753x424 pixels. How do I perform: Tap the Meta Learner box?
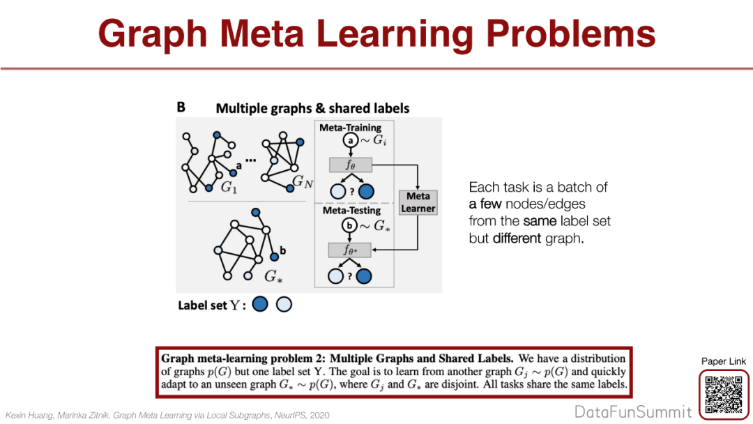point(418,202)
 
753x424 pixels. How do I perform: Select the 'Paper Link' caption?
point(723,361)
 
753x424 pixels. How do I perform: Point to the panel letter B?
point(181,107)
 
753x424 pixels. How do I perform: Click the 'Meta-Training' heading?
point(350,128)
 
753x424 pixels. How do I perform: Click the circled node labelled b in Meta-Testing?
point(349,225)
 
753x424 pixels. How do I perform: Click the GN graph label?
point(302,183)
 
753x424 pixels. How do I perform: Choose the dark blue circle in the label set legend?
point(260,305)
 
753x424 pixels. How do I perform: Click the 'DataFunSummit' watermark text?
point(633,411)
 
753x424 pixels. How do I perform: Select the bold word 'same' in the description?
point(538,221)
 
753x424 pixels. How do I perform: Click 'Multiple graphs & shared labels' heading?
point(312,108)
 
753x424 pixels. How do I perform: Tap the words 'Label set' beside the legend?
point(202,305)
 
